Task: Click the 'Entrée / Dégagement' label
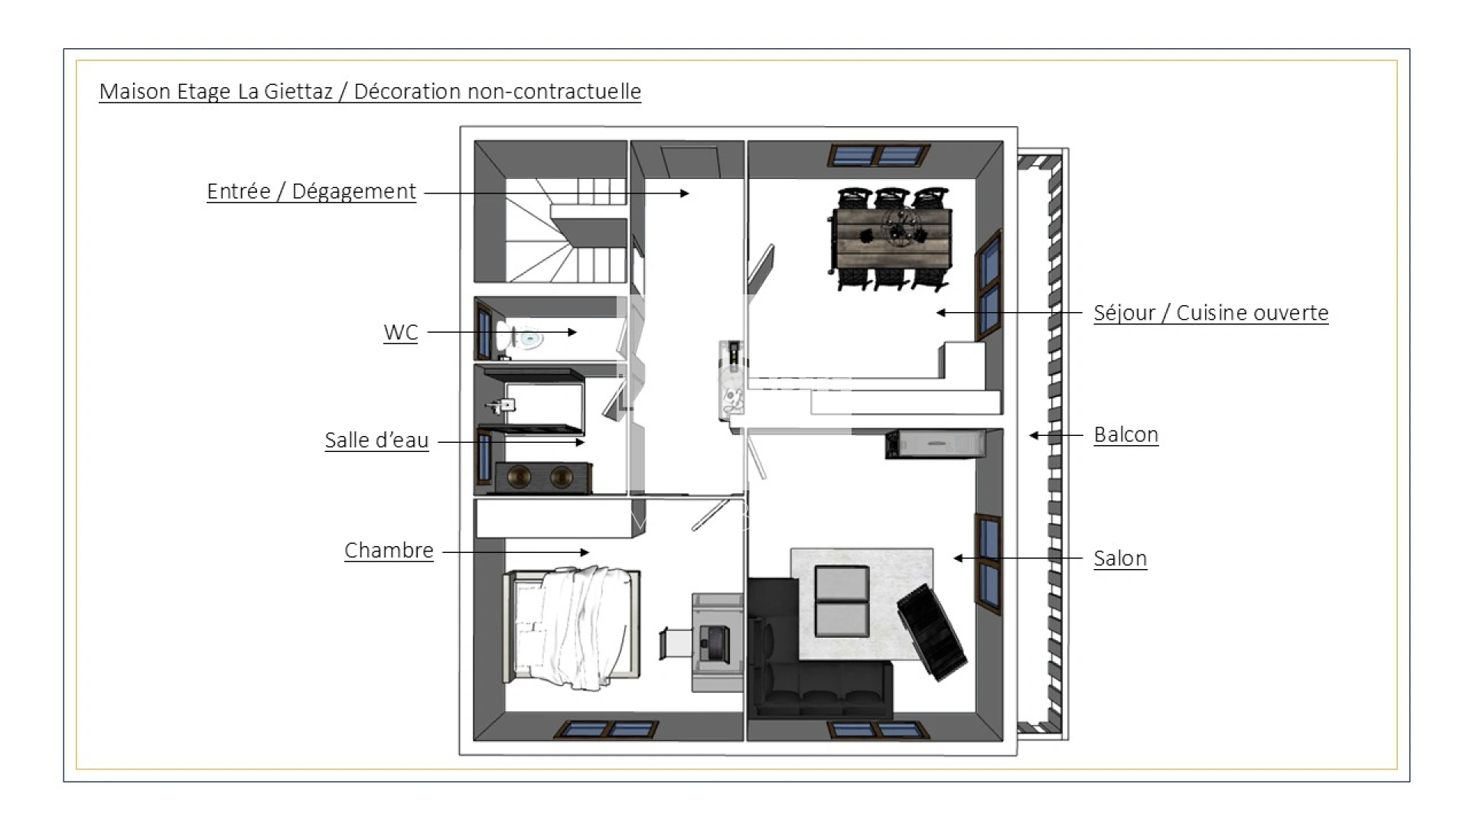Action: point(311,191)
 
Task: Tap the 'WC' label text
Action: point(400,333)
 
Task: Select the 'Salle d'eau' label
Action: point(376,441)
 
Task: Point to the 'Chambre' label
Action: point(389,551)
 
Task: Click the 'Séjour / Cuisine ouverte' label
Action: point(1210,313)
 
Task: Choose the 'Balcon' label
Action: point(1125,434)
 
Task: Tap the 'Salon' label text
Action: point(1119,558)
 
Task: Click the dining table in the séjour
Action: point(891,238)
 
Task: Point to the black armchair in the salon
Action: point(932,630)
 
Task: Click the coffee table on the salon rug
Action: point(842,601)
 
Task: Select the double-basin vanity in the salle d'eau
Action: point(543,477)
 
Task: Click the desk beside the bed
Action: point(717,642)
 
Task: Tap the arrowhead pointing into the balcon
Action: point(1034,435)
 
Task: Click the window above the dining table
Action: point(878,156)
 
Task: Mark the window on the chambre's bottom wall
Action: point(607,730)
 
